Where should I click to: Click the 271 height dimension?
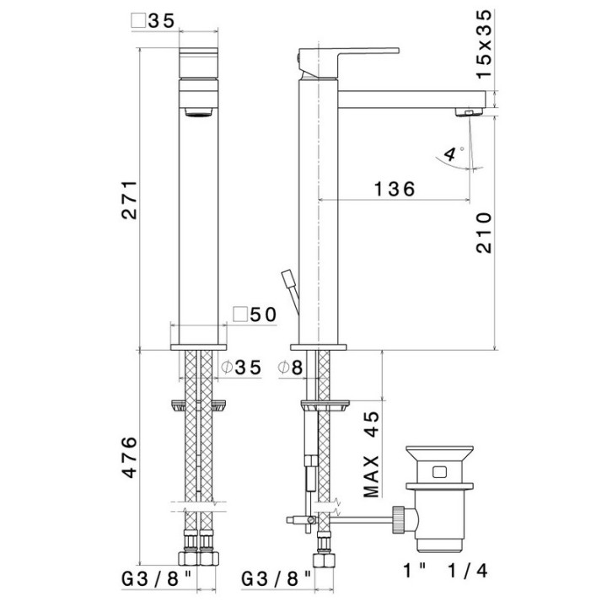[x=130, y=200]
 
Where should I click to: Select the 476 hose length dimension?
[x=130, y=457]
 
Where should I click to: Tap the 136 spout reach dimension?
[x=395, y=190]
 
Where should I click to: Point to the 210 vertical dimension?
[x=484, y=233]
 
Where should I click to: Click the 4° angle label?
[x=453, y=153]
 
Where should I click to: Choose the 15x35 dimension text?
[x=484, y=44]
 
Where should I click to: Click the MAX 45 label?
[x=372, y=454]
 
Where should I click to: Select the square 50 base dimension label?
[x=255, y=314]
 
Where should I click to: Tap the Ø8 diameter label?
[x=290, y=368]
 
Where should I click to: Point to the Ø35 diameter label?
[x=241, y=368]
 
